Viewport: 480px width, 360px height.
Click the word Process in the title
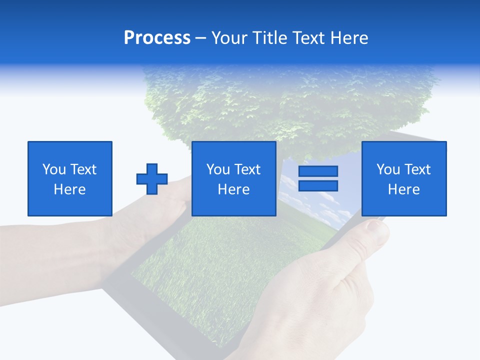coord(157,38)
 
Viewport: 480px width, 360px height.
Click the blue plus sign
coord(152,179)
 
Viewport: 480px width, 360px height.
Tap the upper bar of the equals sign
coord(318,171)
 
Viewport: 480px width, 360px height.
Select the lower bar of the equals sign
coord(318,185)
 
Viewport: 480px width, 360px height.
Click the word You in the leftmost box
coord(54,169)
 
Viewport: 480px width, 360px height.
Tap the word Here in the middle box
coord(234,189)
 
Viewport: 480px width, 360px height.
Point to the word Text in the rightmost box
coord(418,169)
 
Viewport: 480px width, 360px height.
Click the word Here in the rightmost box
coord(404,189)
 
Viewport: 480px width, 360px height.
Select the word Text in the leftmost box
coord(83,169)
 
